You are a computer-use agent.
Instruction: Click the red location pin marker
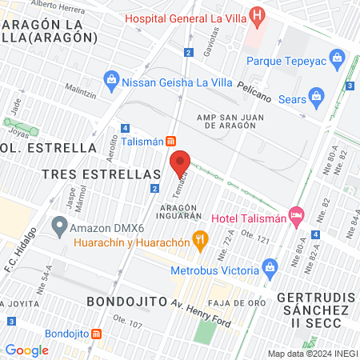[181, 164]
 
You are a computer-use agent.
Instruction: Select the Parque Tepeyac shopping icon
[337, 59]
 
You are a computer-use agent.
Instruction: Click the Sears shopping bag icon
[317, 98]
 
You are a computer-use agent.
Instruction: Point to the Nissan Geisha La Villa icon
[111, 80]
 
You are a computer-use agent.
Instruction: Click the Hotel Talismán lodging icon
[297, 214]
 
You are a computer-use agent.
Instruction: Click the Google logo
[26, 350]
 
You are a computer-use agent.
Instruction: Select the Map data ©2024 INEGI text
[311, 353]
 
